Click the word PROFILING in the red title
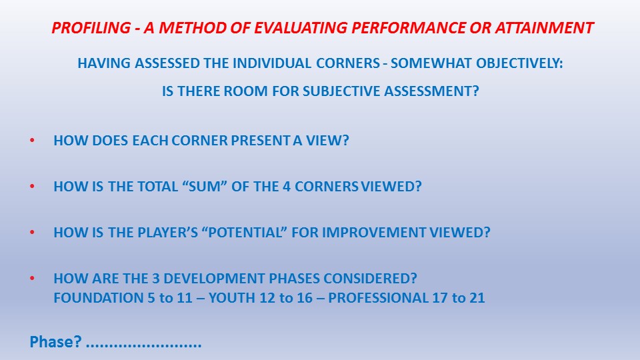point(91,28)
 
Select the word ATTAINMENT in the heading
point(544,28)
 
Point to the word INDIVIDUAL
point(272,63)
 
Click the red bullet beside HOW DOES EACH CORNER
point(32,141)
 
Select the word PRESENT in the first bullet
point(261,141)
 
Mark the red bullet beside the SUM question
point(32,187)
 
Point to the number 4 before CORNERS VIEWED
point(287,187)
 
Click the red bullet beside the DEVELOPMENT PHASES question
point(32,279)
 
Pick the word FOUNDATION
point(99,298)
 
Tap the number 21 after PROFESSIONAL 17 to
point(477,298)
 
